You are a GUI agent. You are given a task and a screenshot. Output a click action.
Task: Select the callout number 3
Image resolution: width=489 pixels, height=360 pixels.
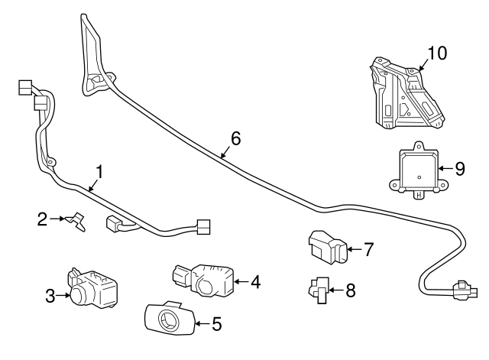click(x=50, y=296)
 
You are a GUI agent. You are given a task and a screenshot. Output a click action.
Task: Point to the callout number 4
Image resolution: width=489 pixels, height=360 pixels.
click(x=255, y=283)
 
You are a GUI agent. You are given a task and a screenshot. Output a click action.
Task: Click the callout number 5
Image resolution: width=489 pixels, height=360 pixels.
click(x=216, y=324)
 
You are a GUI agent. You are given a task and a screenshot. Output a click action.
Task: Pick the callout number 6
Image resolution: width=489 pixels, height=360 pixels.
click(x=235, y=138)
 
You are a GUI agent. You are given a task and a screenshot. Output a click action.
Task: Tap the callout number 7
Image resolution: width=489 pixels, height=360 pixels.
click(x=368, y=248)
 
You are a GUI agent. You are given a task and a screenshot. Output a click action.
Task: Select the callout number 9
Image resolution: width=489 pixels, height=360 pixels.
click(x=459, y=169)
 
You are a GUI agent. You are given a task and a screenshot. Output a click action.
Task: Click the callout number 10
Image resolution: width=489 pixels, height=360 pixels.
click(x=436, y=53)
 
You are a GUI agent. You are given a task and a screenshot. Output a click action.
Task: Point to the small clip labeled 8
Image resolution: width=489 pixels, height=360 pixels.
click(x=319, y=290)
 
